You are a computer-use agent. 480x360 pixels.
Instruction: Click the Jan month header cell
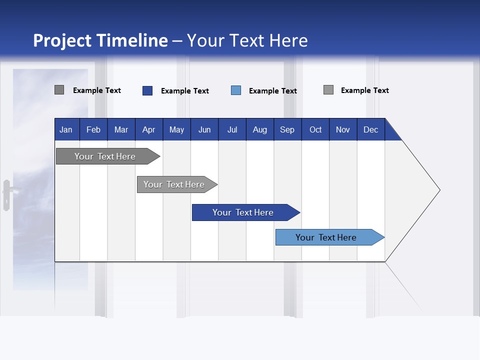point(66,129)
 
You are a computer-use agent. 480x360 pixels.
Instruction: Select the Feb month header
point(93,129)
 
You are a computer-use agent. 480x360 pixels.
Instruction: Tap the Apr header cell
point(148,129)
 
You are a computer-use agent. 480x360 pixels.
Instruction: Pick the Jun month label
point(204,129)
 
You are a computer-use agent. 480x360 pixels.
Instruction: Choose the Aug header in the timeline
point(259,129)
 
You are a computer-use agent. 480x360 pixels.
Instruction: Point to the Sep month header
point(287,129)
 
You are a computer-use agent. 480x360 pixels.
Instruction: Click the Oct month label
point(315,129)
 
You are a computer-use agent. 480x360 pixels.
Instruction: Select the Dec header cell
point(370,129)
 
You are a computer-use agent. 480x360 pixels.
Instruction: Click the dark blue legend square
point(147,90)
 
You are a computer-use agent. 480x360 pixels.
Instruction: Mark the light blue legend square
point(236,90)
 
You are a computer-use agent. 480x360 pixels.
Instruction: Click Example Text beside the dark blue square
point(185,91)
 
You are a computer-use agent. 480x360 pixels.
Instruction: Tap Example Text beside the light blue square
point(273,91)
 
